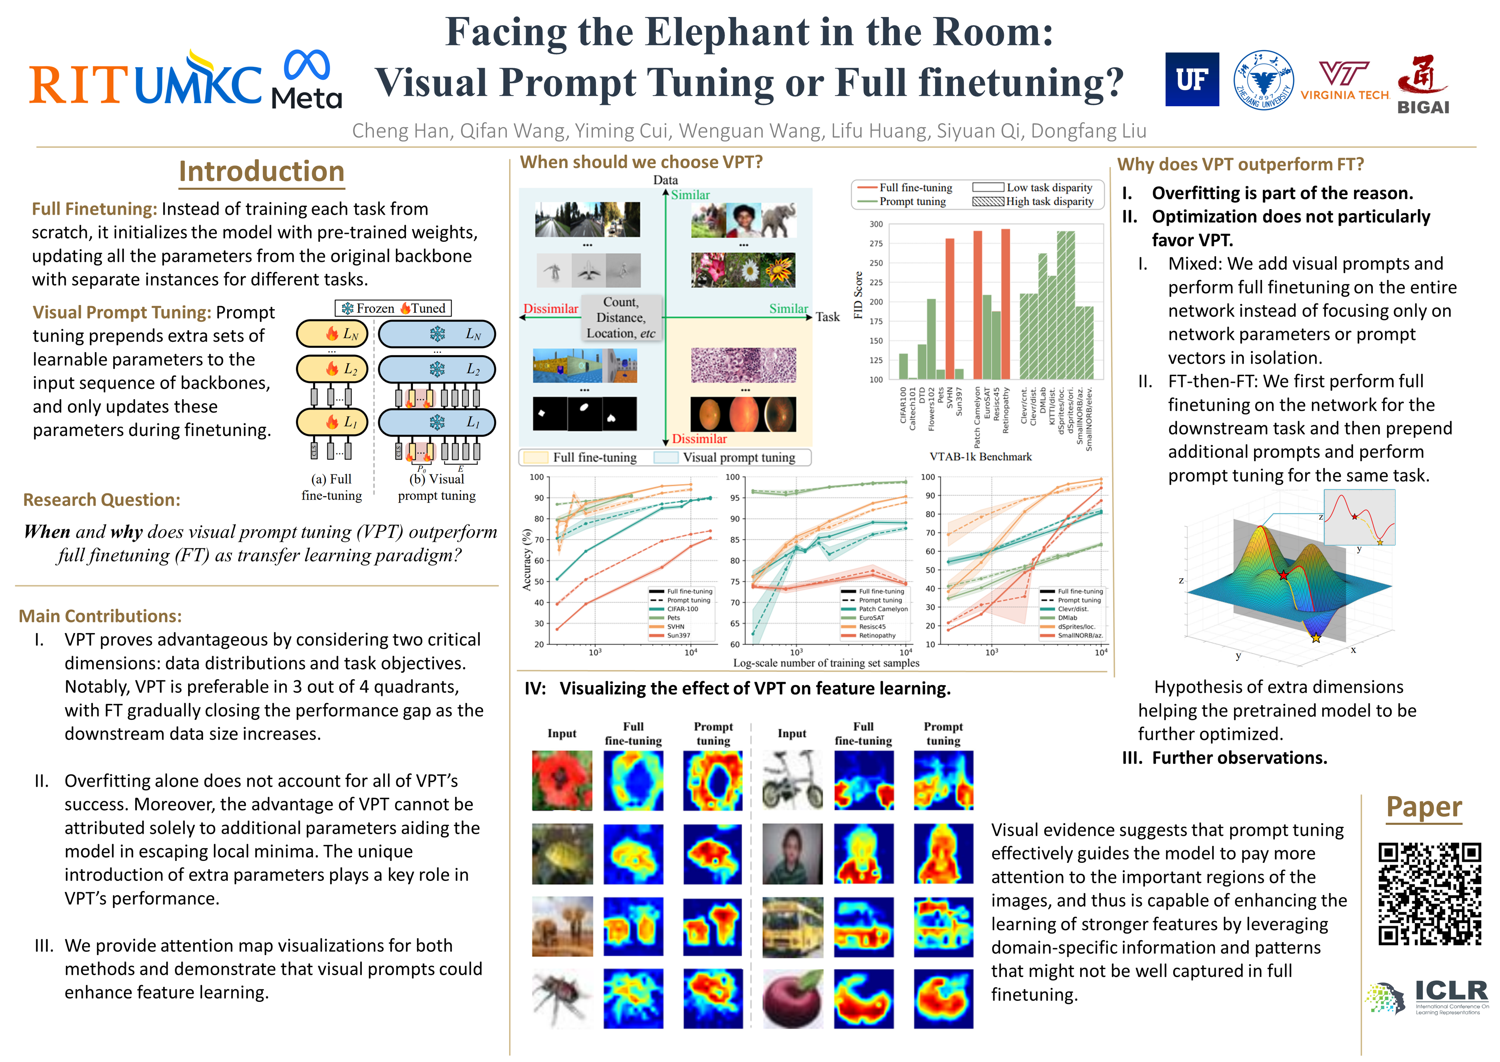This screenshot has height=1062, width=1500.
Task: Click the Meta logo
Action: [307, 79]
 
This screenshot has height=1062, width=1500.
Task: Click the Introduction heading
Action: [261, 171]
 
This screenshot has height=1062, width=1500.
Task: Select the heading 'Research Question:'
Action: [101, 500]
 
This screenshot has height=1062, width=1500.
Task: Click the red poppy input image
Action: [562, 780]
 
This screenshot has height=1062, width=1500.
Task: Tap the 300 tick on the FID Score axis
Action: [875, 224]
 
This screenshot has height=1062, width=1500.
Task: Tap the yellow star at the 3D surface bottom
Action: [1316, 638]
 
